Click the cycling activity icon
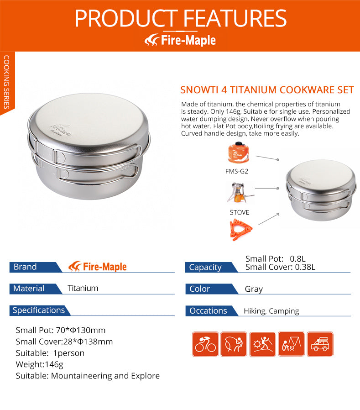(205, 344)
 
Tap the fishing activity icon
(234, 344)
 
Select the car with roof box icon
(320, 344)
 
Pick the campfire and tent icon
(291, 344)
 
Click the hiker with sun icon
(263, 344)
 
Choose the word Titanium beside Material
(83, 288)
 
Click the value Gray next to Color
(254, 289)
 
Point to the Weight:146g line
(40, 364)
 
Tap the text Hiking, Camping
(271, 311)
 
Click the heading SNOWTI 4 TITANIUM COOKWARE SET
(267, 90)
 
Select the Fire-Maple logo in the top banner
(180, 40)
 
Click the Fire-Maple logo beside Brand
(97, 267)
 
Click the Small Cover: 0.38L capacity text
(280, 267)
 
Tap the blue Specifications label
(39, 310)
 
